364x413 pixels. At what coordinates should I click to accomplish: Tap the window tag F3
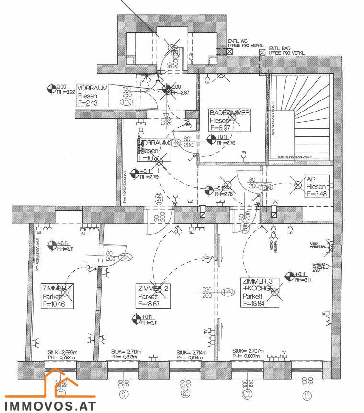click(x=184, y=395)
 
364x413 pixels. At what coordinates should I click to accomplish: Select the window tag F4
click(x=246, y=395)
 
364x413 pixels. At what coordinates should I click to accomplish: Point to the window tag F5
click(x=307, y=395)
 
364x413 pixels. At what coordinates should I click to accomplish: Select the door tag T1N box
click(x=127, y=102)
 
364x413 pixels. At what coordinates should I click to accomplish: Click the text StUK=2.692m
click(x=63, y=352)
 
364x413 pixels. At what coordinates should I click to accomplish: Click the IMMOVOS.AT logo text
click(x=51, y=406)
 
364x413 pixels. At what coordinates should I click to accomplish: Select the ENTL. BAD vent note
click(x=286, y=50)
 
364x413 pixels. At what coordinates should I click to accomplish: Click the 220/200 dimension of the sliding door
click(x=207, y=292)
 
